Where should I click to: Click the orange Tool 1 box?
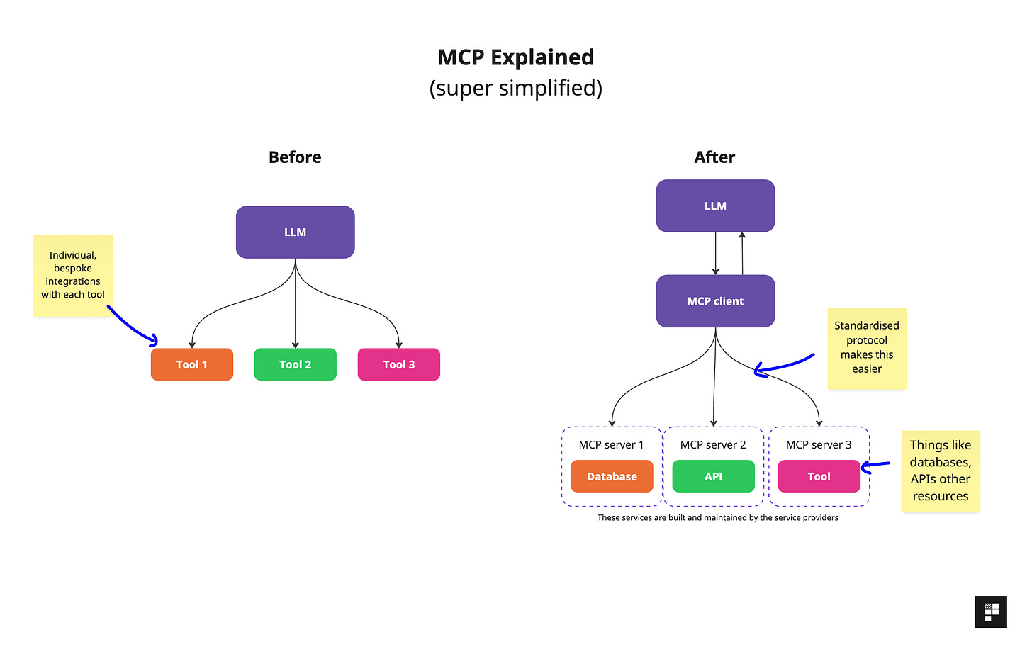tap(191, 364)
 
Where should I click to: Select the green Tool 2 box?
tap(295, 364)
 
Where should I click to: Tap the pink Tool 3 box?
tap(398, 364)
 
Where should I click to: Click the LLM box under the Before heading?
tap(295, 232)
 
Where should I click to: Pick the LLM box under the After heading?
tap(715, 206)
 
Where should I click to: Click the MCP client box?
tap(715, 301)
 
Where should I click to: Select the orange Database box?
tap(612, 476)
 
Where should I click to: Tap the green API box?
tap(713, 476)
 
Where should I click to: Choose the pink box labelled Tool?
tap(819, 476)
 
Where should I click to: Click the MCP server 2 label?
tap(713, 444)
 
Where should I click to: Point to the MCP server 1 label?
tap(611, 444)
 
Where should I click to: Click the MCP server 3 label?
tap(819, 444)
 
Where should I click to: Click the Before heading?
tap(295, 157)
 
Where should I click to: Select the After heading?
tap(714, 157)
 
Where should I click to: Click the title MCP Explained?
tap(516, 57)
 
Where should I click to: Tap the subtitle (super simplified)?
tap(516, 88)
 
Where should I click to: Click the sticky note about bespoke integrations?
tap(73, 275)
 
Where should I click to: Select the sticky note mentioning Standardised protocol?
tap(867, 347)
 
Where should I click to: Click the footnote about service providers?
tap(717, 518)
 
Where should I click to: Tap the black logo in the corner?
tap(991, 612)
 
